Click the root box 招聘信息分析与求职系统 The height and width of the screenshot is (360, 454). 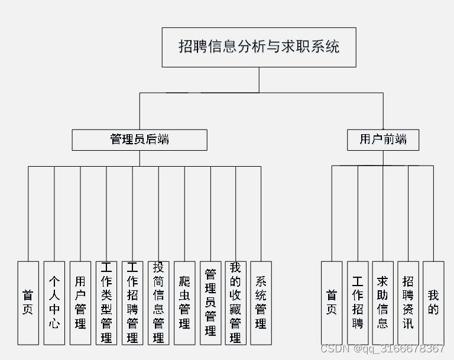click(259, 47)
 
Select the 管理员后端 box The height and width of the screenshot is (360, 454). click(140, 140)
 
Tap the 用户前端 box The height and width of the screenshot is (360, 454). click(383, 140)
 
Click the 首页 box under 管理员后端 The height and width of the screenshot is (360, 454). click(28, 303)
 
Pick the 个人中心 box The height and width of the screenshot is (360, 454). click(54, 303)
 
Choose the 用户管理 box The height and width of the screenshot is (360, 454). click(80, 303)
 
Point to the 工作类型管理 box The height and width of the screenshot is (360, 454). click(106, 303)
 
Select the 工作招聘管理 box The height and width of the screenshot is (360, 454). click(132, 303)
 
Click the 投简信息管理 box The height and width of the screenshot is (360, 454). click(158, 303)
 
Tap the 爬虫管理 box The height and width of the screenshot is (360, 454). click(184, 303)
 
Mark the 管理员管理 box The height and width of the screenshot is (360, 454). click(210, 303)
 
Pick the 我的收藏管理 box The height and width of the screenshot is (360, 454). click(235, 303)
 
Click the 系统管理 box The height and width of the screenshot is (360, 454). click(261, 303)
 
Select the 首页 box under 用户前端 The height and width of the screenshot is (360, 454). click(332, 303)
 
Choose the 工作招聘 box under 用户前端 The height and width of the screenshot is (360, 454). click(358, 303)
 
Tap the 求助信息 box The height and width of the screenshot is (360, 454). click(383, 303)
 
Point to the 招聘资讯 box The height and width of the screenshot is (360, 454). click(408, 303)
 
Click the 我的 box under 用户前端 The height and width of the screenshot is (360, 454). click(433, 303)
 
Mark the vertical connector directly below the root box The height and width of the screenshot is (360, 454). click(259, 80)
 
